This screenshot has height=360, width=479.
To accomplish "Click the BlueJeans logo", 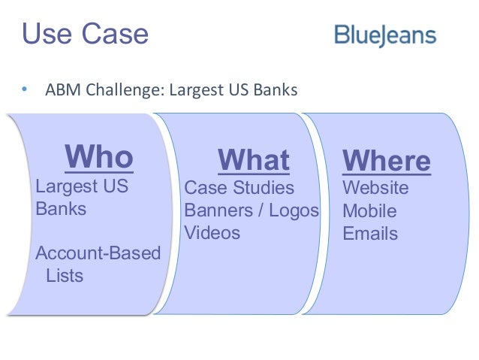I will (385, 35).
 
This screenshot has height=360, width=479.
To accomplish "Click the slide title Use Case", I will (85, 34).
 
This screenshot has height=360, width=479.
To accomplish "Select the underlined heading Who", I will (99, 157).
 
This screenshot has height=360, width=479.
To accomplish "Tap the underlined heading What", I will (253, 159).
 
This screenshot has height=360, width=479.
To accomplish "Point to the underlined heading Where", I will (386, 160).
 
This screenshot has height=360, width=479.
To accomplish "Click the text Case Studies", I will (239, 186).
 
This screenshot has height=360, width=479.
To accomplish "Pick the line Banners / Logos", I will (252, 210).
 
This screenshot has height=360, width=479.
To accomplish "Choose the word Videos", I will (212, 233).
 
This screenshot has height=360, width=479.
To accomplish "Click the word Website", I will (375, 187).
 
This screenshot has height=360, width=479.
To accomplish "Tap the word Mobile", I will (369, 210).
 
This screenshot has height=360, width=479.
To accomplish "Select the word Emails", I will (370, 234).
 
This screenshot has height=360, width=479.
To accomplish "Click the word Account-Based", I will (98, 253).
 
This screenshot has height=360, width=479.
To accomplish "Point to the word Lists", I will (65, 275).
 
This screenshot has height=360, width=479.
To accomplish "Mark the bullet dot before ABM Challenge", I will (24, 91).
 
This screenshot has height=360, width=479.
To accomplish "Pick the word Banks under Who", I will (61, 208).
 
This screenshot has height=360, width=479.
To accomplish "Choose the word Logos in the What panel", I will (294, 210).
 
